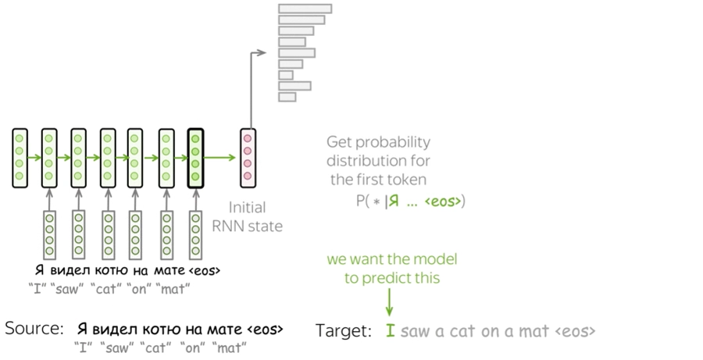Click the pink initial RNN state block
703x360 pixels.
pos(248,158)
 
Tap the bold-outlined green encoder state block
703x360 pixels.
pos(195,158)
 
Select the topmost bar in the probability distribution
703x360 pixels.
pos(305,9)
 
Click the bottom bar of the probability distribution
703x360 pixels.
pos(287,97)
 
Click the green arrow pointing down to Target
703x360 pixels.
pos(389,302)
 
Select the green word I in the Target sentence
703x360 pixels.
pos(391,331)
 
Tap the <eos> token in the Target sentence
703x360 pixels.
pos(575,331)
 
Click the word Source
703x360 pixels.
pos(34,328)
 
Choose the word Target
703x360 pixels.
pos(344,331)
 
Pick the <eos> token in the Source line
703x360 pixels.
pos(265,329)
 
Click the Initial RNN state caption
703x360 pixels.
pos(248,216)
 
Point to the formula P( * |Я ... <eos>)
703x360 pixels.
pos(411,201)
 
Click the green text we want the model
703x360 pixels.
pos(392,259)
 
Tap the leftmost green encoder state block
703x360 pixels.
pos(20,158)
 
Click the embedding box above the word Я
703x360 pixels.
pos(49,235)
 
